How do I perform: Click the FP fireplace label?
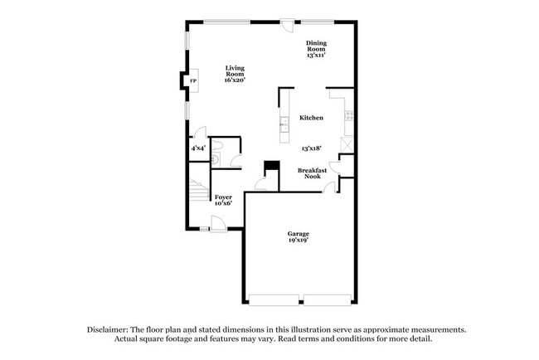193,81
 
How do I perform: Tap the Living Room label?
236,74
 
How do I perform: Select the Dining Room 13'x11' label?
316,49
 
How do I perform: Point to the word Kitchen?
311,118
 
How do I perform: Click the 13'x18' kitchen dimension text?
312,148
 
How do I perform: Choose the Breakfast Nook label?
312,173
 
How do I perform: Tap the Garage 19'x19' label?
299,237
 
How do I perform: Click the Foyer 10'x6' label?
223,199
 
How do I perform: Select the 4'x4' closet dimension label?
198,148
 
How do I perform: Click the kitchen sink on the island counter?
284,124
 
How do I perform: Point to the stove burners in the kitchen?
349,115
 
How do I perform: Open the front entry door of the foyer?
218,222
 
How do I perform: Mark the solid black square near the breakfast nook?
269,166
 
